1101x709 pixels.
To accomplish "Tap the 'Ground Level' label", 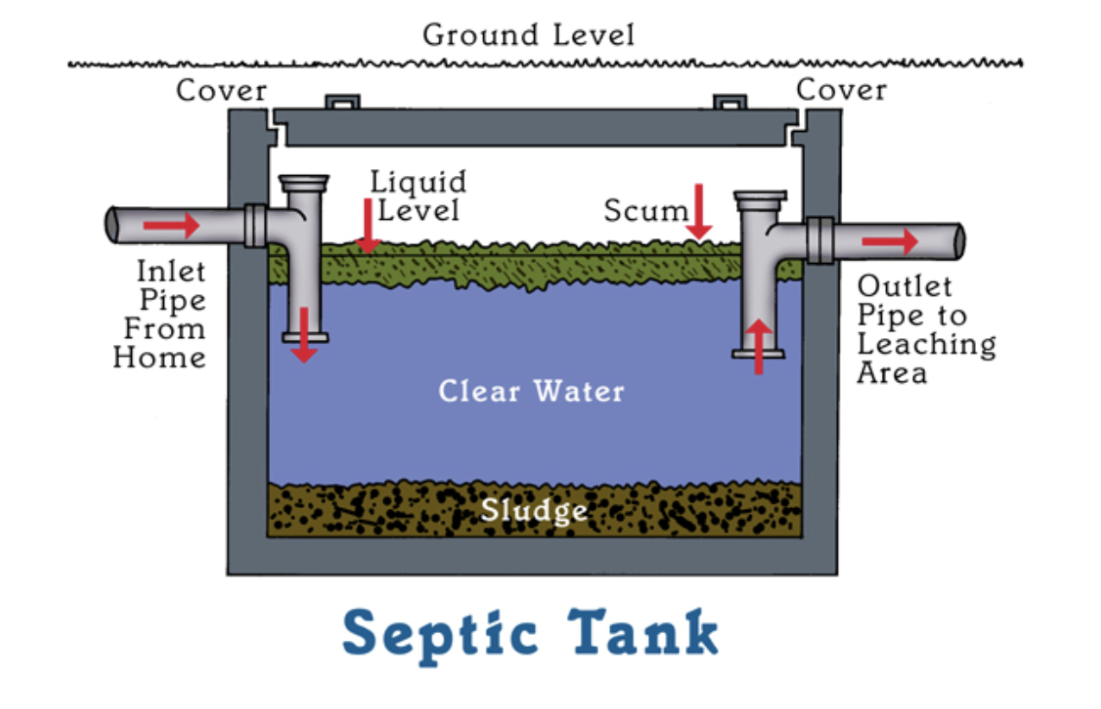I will [x=528, y=35].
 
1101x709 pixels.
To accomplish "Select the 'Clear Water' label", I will [x=531, y=392].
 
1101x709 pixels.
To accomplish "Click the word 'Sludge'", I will [x=534, y=510].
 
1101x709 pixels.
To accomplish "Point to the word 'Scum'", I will [x=645, y=210].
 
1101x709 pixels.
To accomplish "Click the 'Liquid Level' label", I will [x=418, y=196].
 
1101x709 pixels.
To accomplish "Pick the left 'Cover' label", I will [x=222, y=90].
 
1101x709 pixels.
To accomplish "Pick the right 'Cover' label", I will [x=841, y=89].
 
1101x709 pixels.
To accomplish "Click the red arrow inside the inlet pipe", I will [x=171, y=226].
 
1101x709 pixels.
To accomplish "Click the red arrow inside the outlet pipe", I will [x=890, y=242].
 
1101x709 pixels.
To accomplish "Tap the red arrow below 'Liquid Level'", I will [x=368, y=226].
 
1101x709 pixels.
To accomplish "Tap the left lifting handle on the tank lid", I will [x=340, y=102].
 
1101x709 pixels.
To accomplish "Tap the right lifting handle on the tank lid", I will [x=730, y=102].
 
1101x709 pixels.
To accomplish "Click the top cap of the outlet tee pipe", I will [x=760, y=198].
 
